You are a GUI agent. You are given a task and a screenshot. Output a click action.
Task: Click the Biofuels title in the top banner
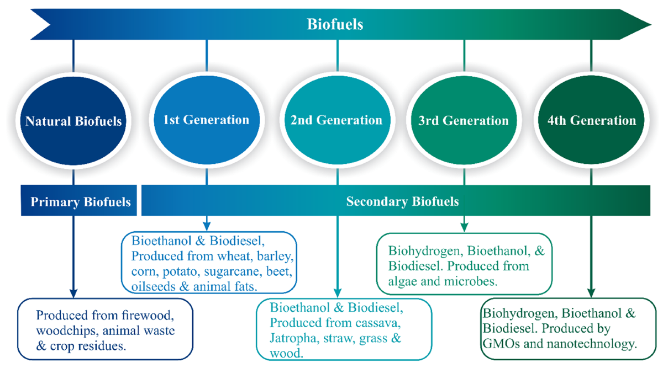335,24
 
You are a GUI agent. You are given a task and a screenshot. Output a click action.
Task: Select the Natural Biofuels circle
73,121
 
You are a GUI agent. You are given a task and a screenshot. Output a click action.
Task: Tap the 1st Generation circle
207,120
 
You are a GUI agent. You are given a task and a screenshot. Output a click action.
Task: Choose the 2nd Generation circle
337,120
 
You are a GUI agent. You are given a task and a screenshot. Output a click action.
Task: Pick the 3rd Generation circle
464,120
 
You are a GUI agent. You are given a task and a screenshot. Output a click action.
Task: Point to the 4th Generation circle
591,120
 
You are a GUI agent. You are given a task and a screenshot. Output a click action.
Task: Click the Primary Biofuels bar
79,201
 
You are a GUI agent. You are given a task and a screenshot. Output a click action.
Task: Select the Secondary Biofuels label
403,201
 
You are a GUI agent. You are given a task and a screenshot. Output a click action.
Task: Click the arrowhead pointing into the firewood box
73,294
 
